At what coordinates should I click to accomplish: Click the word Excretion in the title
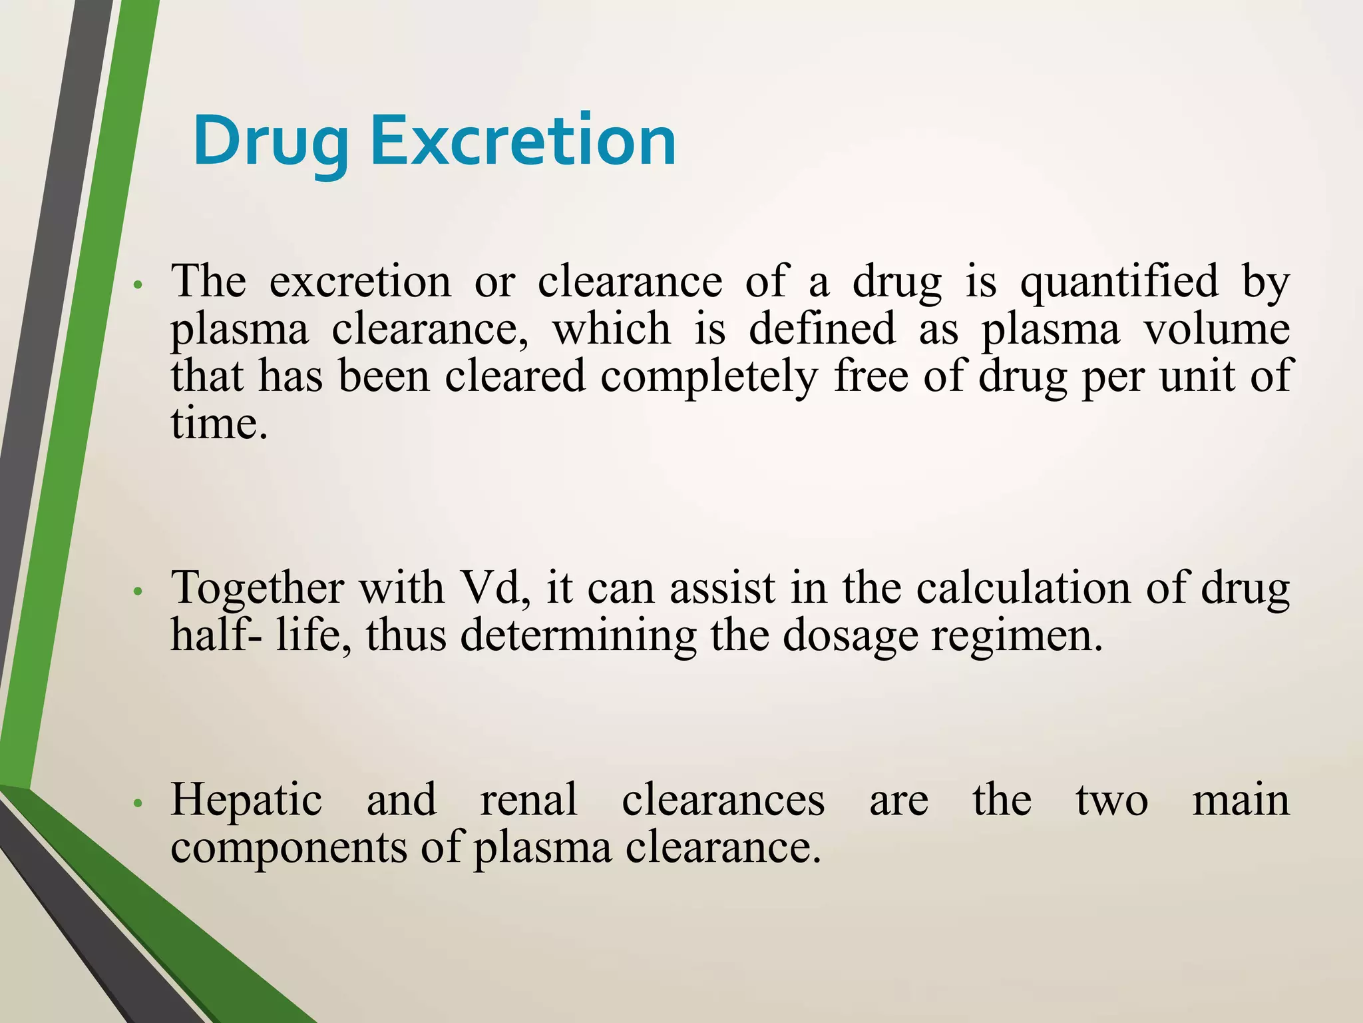pos(523,141)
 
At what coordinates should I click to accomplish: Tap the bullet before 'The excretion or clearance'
pos(138,285)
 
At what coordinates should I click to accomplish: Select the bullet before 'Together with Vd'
pos(138,591)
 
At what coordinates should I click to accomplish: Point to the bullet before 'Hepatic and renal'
pos(138,804)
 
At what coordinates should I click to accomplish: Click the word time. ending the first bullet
pos(219,424)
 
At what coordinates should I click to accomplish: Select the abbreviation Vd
pos(495,589)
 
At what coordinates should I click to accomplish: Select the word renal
pos(528,800)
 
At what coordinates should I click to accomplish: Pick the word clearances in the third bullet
pos(723,800)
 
